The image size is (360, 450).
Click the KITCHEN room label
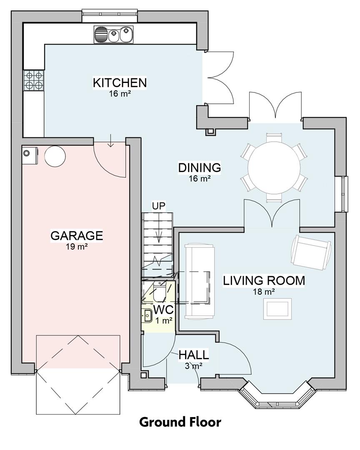120,82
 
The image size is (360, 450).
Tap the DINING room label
199,168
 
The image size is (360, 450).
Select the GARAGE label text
76,235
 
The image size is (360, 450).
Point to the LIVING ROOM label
264,280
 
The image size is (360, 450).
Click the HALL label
194,355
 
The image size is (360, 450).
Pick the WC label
163,310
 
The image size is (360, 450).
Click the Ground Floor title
180,422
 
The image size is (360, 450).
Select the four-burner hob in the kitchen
34,80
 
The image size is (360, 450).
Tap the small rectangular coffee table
277,309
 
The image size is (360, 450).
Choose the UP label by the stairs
158,205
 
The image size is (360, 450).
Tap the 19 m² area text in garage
76,246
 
